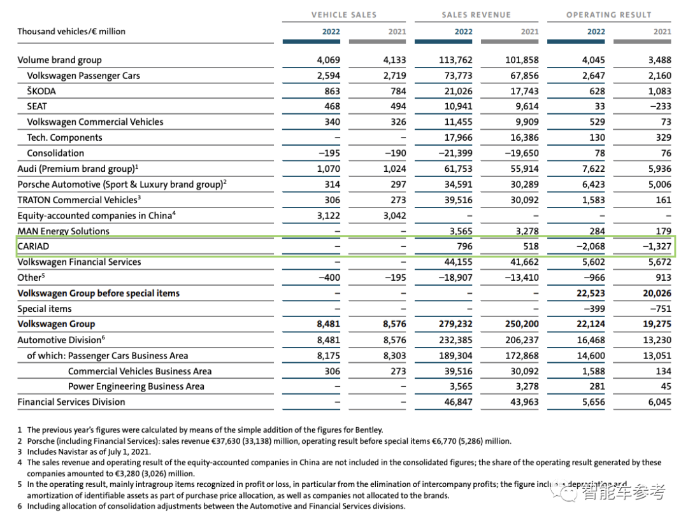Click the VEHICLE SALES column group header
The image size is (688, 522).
coord(343,15)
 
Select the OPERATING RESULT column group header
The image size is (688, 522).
coord(609,15)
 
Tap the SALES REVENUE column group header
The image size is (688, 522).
coord(476,15)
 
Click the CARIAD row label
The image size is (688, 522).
coord(33,246)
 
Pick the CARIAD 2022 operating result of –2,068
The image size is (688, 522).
coord(590,246)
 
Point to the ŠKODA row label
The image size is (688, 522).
coord(41,91)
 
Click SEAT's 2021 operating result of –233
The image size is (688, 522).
coord(658,106)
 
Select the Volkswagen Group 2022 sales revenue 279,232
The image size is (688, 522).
coord(455,324)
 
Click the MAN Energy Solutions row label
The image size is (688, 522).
coord(63,231)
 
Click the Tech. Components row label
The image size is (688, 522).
coord(64,138)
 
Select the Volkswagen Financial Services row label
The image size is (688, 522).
coord(79,262)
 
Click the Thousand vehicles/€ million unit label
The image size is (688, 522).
coord(71,31)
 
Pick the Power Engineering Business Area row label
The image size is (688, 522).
coord(136,386)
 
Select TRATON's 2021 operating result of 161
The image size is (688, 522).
coord(663,200)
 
